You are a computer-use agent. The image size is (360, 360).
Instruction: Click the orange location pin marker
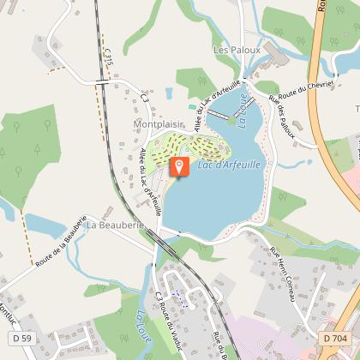pyautogui.click(x=178, y=165)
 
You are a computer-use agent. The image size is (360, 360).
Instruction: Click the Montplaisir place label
pyautogui.click(x=158, y=123)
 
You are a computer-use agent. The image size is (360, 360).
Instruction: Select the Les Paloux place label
pyautogui.click(x=237, y=51)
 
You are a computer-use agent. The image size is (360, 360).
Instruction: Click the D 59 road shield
pyautogui.click(x=22, y=339)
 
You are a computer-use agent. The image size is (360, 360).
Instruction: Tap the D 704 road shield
pyautogui.click(x=335, y=339)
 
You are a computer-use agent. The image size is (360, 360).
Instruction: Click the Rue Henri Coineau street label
pyautogui.click(x=282, y=273)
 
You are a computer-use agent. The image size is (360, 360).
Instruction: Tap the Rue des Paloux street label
pyautogui.click(x=282, y=117)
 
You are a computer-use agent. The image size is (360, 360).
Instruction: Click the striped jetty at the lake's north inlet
pyautogui.click(x=219, y=113)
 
